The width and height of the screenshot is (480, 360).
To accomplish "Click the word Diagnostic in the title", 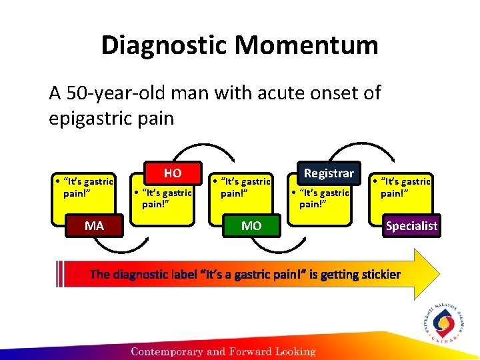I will (164, 45).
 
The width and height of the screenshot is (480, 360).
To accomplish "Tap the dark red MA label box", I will (94, 225).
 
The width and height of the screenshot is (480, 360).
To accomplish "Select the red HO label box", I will (172, 173).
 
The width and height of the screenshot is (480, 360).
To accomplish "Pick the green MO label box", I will (251, 226).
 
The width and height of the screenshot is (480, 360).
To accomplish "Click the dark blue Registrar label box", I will (329, 173).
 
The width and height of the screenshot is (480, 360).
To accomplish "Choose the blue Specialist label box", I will (411, 225).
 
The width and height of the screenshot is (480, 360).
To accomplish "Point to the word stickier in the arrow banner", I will (378, 274).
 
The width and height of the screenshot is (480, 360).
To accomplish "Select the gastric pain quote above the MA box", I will (85, 187).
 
